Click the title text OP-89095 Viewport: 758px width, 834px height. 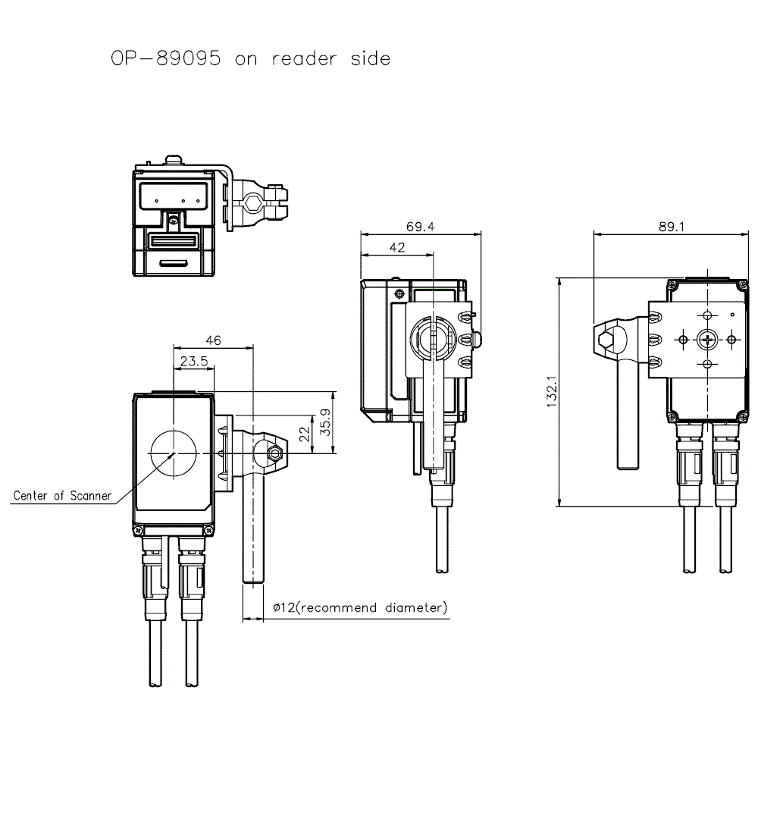(x=166, y=58)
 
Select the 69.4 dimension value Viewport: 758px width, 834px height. (x=421, y=226)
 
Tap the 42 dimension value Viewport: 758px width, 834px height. (x=396, y=248)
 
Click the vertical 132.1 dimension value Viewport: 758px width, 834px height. (x=552, y=391)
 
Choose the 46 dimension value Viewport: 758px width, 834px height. (x=213, y=341)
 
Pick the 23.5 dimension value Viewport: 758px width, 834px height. (x=194, y=362)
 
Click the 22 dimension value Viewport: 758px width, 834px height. (x=303, y=434)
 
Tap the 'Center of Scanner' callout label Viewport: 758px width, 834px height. (x=62, y=496)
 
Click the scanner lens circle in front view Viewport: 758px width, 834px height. (x=174, y=453)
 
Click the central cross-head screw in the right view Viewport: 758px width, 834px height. (x=707, y=340)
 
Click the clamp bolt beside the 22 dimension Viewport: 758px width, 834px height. (x=275, y=453)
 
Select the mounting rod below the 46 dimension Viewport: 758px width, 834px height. (x=253, y=523)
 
